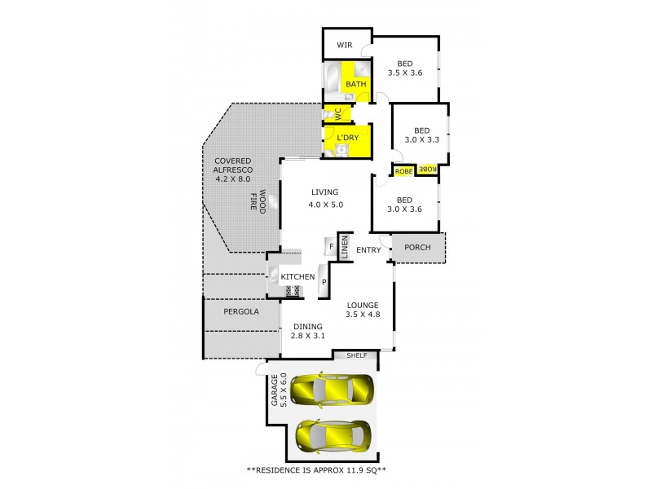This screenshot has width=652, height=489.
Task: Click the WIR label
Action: [x=346, y=46]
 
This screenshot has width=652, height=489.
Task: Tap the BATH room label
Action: [x=356, y=84]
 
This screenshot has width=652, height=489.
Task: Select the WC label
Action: [x=336, y=113]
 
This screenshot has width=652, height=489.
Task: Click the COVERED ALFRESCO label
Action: [x=234, y=169]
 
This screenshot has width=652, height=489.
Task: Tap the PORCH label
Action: [x=417, y=247]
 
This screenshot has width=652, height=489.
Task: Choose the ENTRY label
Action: [x=368, y=250]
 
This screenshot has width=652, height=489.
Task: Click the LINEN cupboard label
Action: [x=345, y=247]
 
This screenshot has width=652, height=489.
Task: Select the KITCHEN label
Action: [x=297, y=278]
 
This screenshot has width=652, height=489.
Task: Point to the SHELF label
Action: [x=357, y=355]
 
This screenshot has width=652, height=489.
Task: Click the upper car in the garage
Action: [x=332, y=389]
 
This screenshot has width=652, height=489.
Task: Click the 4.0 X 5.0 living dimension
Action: [x=325, y=205]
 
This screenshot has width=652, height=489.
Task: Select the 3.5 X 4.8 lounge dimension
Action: [x=363, y=315]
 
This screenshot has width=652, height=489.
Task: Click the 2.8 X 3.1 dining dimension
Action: [x=309, y=336]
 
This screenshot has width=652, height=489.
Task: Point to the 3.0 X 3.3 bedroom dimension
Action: [x=421, y=139]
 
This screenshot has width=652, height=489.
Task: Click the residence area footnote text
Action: [x=326, y=471]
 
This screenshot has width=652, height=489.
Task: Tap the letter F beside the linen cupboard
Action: [x=332, y=246]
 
